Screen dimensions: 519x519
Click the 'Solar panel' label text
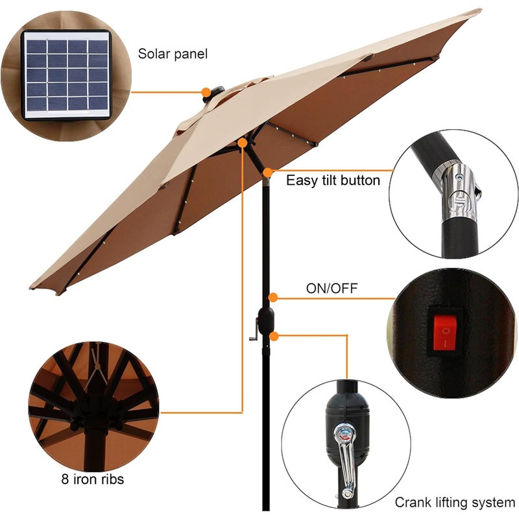(x=173, y=54)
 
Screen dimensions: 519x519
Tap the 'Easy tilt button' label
(x=333, y=180)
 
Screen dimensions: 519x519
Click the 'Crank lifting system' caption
(x=455, y=502)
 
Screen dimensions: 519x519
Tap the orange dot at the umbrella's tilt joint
(x=268, y=172)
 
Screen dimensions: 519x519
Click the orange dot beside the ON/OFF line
(x=274, y=298)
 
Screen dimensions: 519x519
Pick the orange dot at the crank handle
(x=276, y=335)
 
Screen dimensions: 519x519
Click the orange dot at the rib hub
(x=243, y=141)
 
